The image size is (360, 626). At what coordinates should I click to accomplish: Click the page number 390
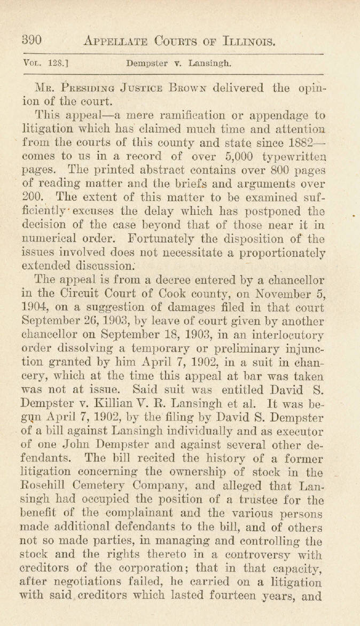click(x=32, y=41)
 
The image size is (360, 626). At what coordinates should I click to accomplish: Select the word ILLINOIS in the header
click(x=241, y=41)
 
